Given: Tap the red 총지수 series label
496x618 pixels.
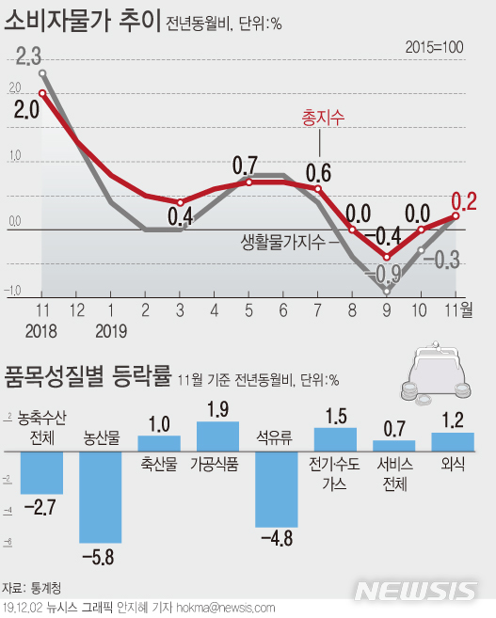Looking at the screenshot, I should click(x=323, y=118).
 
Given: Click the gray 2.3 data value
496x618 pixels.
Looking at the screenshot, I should click(x=29, y=58).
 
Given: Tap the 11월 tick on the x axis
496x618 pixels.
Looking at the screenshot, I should click(x=459, y=309).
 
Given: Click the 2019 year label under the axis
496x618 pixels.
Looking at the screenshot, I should click(x=111, y=330).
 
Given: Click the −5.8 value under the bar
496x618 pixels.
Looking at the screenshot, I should click(x=100, y=557).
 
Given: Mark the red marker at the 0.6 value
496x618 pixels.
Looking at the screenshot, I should click(x=318, y=188).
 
